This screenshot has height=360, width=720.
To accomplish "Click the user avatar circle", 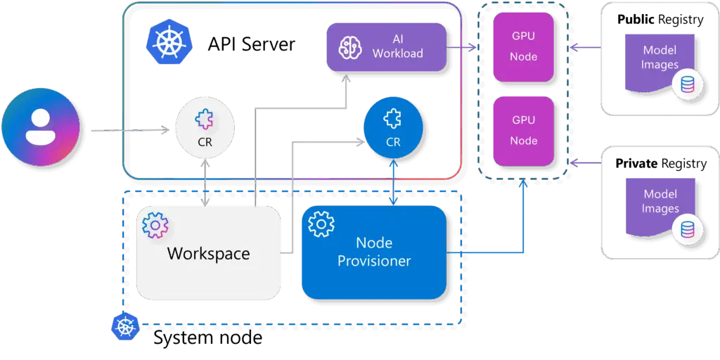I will tap(41, 127).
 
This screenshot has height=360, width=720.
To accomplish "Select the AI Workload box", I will tap(387, 47).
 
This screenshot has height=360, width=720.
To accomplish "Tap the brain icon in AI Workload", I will tap(349, 47).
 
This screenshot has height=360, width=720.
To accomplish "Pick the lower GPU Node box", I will tap(523, 131).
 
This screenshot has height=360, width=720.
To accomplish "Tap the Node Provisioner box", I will tap(374, 250).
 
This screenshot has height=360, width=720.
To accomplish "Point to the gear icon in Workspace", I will tap(155, 225).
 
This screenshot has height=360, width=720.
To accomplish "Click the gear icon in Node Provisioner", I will tap(321, 224).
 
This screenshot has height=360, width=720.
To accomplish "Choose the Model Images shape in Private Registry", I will tap(660, 204).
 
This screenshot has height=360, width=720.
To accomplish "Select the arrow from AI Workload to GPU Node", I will tap(463, 48).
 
